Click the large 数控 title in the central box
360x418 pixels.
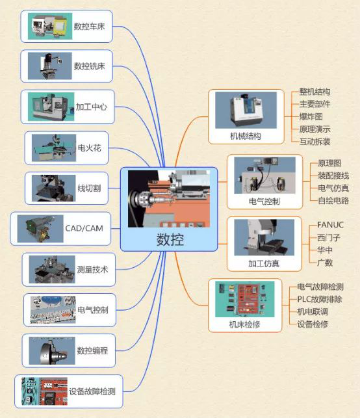[170, 239]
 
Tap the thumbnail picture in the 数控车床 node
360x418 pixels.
[50, 26]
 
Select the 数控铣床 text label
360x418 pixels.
[89, 66]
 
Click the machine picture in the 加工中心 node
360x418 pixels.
[51, 107]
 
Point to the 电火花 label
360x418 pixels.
[89, 148]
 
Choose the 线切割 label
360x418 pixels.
[89, 189]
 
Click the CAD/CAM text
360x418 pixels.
[84, 228]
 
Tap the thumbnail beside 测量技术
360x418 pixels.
[52, 269]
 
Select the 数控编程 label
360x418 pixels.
[92, 350]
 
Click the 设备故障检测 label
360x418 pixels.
[92, 391]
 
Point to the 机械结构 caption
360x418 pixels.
[246, 137]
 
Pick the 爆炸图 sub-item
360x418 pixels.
[311, 116]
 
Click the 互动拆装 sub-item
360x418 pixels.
[315, 141]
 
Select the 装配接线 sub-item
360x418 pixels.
[333, 176]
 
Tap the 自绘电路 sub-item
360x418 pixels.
[333, 200]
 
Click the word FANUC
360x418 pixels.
[330, 225]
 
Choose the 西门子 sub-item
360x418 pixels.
[329, 237]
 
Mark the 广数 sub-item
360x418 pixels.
[325, 263]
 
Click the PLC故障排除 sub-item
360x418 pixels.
[320, 299]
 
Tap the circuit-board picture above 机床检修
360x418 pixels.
[244, 299]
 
